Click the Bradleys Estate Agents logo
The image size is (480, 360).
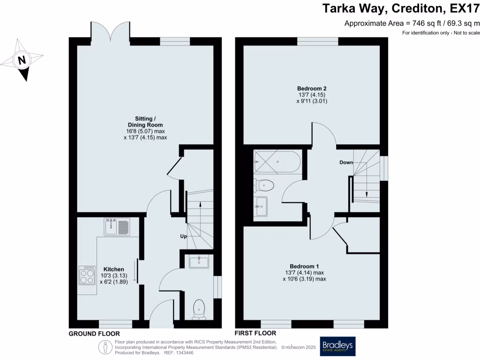pyautogui.click(x=337, y=346)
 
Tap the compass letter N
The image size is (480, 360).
pyautogui.click(x=22, y=60)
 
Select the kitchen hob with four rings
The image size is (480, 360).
pyautogui.click(x=87, y=275)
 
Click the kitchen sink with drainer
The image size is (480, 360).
pyautogui.click(x=117, y=226)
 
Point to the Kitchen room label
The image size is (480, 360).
pyautogui.click(x=113, y=270)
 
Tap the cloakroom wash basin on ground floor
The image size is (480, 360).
pyautogui.click(x=199, y=262)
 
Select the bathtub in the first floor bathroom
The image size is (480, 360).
pyautogui.click(x=277, y=162)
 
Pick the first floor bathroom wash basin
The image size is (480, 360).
pyautogui.click(x=261, y=206)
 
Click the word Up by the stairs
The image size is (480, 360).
pyautogui.click(x=183, y=236)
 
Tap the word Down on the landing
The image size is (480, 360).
pyautogui.click(x=346, y=162)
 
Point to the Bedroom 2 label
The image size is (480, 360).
pyautogui.click(x=312, y=89)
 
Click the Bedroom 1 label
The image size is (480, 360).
pyautogui.click(x=304, y=266)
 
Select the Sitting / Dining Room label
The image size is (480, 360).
pyautogui.click(x=145, y=122)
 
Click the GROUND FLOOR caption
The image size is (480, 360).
pyautogui.click(x=94, y=334)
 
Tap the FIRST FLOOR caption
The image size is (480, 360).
pyautogui.click(x=255, y=333)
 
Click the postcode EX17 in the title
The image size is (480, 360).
pyautogui.click(x=464, y=8)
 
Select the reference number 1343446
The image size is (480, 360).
pyautogui.click(x=185, y=352)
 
